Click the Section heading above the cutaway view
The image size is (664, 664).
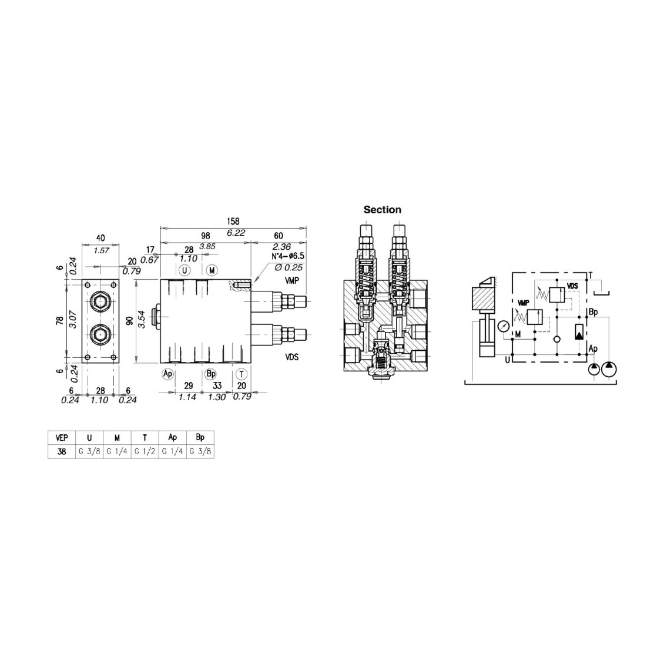pos(382,210)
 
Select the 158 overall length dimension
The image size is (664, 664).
pos(233,221)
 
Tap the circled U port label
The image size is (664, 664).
pos(184,270)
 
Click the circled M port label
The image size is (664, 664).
pos(212,270)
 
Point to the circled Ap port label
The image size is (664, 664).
pos(168,374)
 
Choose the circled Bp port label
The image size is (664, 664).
pos(210,374)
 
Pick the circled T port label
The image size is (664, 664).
pos(242,374)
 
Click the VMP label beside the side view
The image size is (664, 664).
pos(292,280)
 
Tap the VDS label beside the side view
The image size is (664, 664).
pos(292,357)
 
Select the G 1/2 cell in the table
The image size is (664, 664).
pos(145,451)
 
